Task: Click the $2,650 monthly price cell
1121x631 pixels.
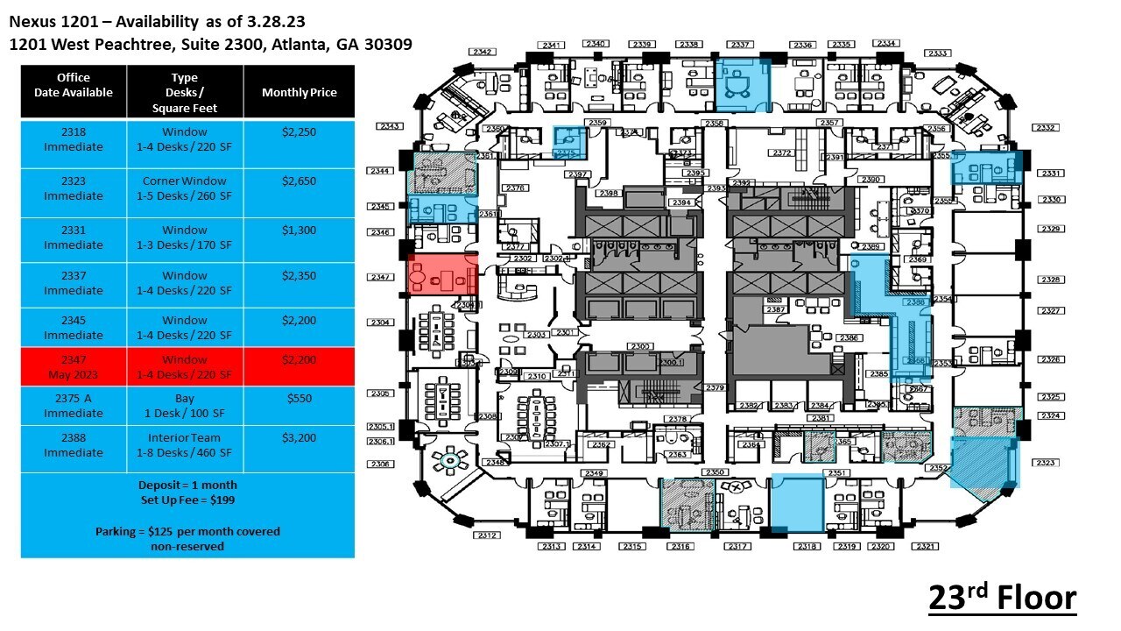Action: [x=299, y=181]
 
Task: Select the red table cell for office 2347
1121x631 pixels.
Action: [x=74, y=367]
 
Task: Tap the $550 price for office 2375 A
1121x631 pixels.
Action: [x=299, y=399]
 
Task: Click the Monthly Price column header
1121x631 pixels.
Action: [x=299, y=92]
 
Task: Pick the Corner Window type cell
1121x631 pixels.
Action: [x=185, y=188]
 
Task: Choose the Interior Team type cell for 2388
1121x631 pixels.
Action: [x=185, y=445]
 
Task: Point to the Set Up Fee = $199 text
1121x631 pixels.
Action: [x=187, y=500]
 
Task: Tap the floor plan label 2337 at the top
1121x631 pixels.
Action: [x=741, y=45]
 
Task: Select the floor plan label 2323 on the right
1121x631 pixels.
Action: [x=1047, y=462]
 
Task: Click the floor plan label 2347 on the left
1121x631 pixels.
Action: [x=381, y=277]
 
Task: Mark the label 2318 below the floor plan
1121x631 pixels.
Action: [x=806, y=546]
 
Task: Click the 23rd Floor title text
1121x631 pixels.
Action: [x=1002, y=598]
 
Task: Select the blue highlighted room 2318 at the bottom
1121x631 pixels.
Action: [x=797, y=503]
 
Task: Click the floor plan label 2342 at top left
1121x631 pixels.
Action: [x=482, y=52]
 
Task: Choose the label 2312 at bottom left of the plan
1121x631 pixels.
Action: [x=487, y=535]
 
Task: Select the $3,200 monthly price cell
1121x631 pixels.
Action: [x=299, y=437]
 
